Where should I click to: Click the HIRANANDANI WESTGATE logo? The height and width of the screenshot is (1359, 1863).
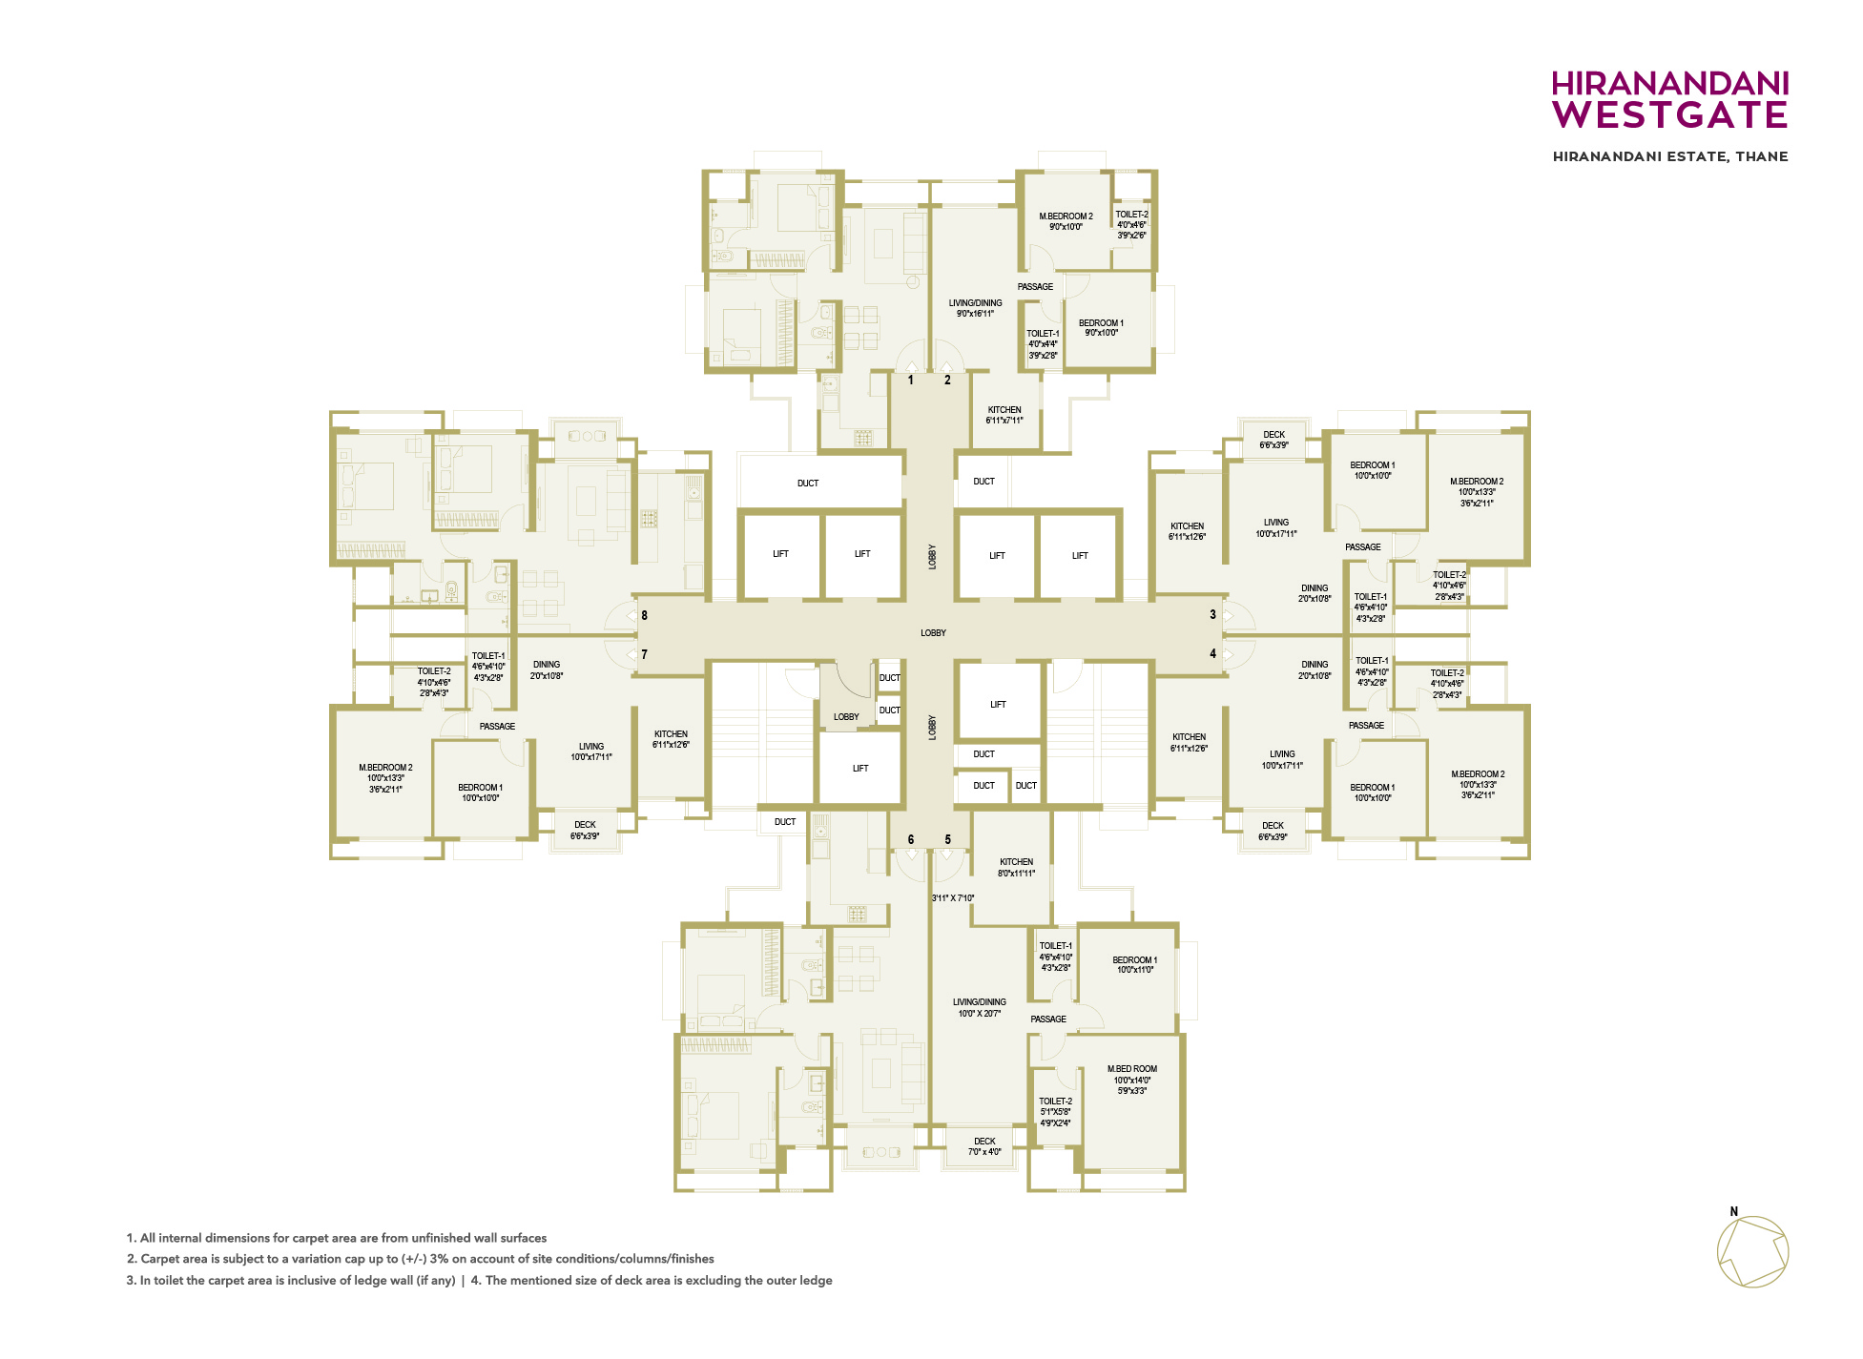point(1669,99)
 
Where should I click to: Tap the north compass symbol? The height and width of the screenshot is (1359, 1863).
point(1752,1250)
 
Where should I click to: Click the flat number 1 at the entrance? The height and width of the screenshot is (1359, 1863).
point(911,380)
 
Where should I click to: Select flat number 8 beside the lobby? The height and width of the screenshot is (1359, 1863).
point(645,615)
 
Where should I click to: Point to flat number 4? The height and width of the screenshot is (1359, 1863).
point(1213,653)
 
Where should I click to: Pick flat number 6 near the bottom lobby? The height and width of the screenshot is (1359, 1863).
point(911,839)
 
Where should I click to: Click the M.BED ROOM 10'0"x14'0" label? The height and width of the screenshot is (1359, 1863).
point(1132,1080)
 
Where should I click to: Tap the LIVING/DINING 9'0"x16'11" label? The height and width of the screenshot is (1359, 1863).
point(976,308)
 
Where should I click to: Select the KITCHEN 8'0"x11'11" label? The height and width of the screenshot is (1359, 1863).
point(1017,867)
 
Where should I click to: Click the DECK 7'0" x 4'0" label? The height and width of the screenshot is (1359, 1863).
point(985,1146)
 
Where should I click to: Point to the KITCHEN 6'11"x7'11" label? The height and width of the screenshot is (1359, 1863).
point(1004,415)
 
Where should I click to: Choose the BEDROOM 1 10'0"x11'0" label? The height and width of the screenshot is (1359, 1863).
point(1135,964)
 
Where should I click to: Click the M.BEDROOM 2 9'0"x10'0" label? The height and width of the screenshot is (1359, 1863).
point(1066,221)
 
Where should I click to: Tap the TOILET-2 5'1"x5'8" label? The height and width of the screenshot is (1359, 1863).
point(1056,1112)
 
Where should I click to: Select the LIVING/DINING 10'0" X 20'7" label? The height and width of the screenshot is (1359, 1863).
point(980,1008)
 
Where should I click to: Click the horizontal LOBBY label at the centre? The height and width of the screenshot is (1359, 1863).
point(934,632)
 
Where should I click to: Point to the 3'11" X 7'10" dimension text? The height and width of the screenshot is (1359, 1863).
point(953,897)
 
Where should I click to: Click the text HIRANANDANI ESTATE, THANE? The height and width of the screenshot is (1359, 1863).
point(1670,156)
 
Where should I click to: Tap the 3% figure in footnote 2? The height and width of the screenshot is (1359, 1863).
point(439,1259)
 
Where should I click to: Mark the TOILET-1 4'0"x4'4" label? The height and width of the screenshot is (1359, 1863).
point(1043,344)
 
